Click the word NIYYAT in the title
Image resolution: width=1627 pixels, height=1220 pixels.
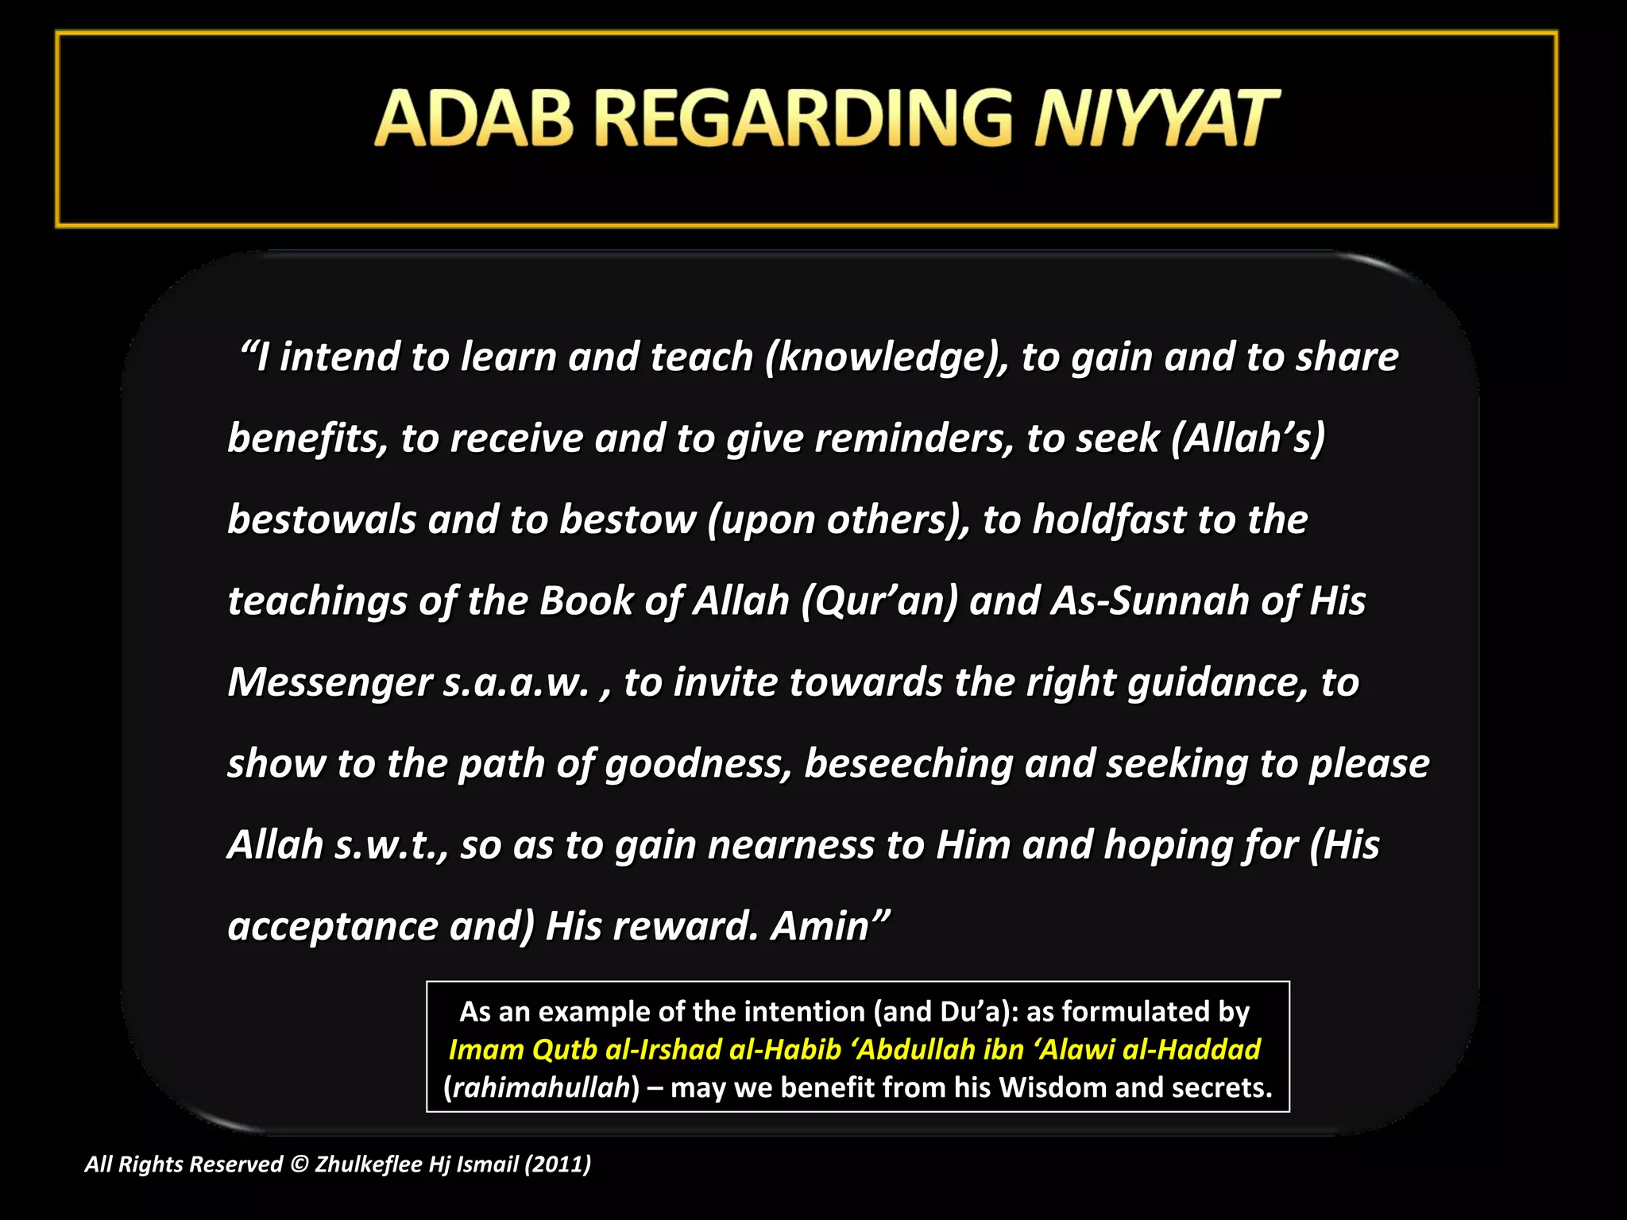(x=1156, y=119)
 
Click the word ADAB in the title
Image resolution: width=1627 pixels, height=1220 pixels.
(x=473, y=119)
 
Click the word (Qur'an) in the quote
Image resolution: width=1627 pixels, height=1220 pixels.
(x=879, y=601)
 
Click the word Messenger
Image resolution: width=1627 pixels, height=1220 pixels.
(x=329, y=683)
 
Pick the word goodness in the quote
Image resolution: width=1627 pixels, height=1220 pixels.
(x=698, y=764)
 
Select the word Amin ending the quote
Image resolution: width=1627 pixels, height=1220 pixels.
(x=829, y=926)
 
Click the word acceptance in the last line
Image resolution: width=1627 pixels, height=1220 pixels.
(x=332, y=927)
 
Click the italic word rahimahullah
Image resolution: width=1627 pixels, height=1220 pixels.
(x=541, y=1087)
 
